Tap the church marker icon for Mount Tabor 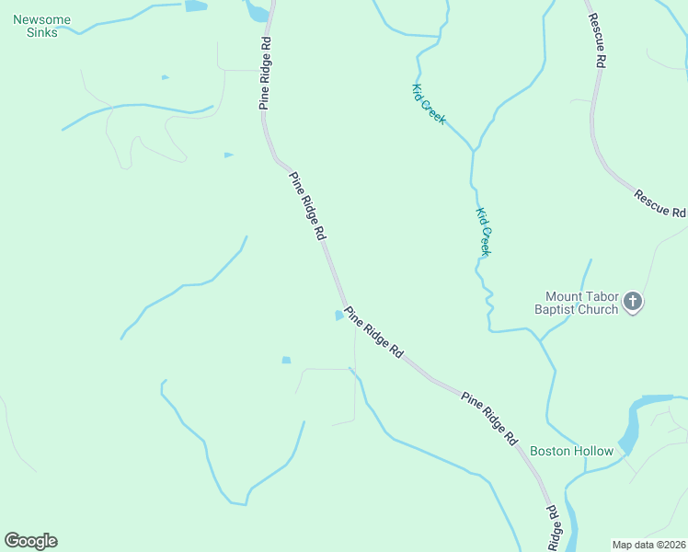632,301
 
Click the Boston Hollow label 571,451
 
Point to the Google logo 30,541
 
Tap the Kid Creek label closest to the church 483,231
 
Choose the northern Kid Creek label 429,104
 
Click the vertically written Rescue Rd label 599,42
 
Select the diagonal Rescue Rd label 659,202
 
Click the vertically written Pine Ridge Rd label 265,74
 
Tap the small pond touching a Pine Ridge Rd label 339,316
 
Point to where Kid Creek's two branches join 474,149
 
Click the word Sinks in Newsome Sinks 43,33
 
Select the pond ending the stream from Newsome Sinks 195,6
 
